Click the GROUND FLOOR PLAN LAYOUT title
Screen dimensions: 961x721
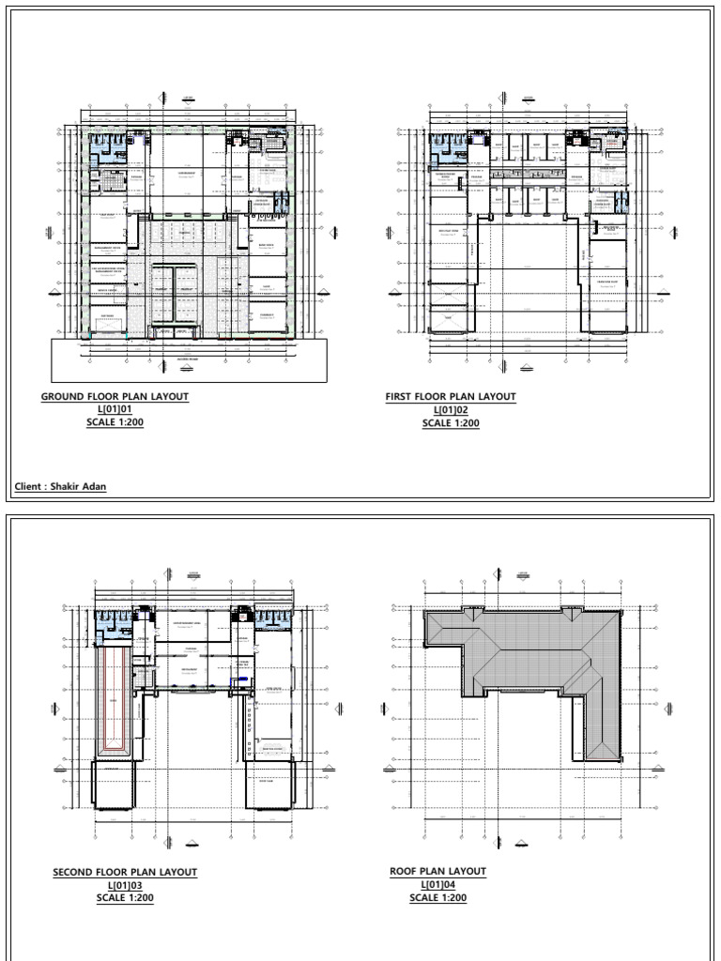pos(115,397)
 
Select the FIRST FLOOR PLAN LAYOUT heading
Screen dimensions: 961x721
pos(451,397)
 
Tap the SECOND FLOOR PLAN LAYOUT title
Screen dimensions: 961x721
pos(125,873)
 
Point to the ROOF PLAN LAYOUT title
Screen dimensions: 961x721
pos(438,872)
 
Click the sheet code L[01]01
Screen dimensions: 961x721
pos(115,410)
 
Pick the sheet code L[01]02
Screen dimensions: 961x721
pos(451,410)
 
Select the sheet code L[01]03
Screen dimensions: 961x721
pos(125,886)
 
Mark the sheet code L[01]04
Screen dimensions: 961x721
pos(438,885)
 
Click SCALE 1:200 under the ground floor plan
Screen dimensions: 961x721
pos(115,422)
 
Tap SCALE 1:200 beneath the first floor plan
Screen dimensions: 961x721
pos(451,423)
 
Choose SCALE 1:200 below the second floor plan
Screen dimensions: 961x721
pos(125,898)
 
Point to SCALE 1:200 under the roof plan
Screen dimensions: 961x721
pos(438,898)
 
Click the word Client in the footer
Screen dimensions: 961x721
pos(29,487)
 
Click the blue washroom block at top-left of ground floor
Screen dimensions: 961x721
pos(111,145)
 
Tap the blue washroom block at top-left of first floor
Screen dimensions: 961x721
pos(448,145)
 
